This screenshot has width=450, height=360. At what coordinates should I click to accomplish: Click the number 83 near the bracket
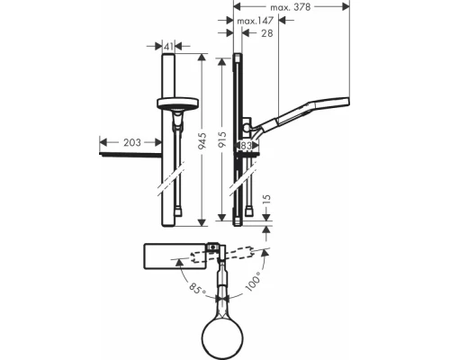(246, 144)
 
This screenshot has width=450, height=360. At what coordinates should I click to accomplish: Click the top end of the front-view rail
(166, 57)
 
